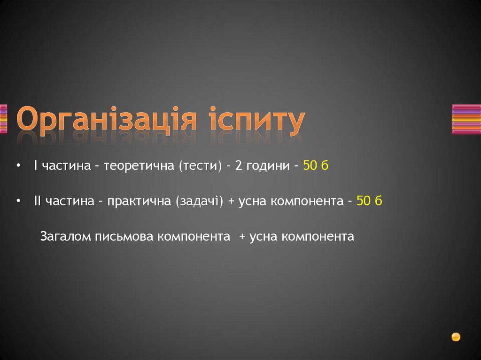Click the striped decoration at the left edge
coord(3,119)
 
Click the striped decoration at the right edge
coord(466,119)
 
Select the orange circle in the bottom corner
coord(456,337)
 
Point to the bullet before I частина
coord(18,166)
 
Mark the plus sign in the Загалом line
coord(242,237)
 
